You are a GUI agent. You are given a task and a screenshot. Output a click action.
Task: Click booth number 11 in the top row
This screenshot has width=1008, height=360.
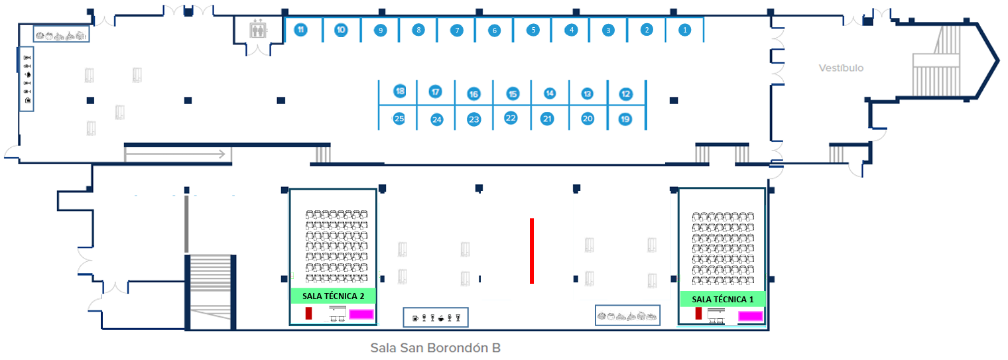click(x=300, y=30)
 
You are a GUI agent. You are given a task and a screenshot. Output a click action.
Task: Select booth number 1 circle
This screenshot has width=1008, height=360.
click(x=686, y=30)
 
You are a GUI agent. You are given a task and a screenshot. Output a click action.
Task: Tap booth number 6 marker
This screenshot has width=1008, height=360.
click(x=493, y=30)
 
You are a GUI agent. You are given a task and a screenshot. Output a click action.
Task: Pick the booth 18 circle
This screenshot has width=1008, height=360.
click(x=399, y=91)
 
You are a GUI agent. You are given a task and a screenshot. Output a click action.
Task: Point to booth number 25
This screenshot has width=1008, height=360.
click(x=399, y=119)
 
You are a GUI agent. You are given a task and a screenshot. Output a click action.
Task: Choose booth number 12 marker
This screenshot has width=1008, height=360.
click(x=625, y=94)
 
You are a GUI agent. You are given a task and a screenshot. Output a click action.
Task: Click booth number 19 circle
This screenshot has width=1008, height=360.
click(x=625, y=119)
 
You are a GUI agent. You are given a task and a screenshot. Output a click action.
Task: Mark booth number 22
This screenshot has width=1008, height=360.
click(x=511, y=118)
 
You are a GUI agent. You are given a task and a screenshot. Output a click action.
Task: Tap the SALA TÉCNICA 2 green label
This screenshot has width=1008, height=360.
click(x=333, y=296)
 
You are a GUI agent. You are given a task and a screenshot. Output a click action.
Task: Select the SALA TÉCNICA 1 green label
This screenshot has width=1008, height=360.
click(x=722, y=299)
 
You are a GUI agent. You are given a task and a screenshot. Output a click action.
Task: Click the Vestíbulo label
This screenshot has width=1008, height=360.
click(x=841, y=68)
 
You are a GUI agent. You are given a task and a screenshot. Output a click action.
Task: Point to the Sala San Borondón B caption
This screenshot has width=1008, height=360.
click(x=435, y=347)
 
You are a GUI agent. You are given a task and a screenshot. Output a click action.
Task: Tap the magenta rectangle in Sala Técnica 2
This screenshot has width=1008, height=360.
click(x=361, y=314)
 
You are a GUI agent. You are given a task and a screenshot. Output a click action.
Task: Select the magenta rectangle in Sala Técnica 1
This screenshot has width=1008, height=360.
click(x=750, y=316)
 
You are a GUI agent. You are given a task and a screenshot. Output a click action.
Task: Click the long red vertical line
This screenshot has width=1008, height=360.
click(x=532, y=251)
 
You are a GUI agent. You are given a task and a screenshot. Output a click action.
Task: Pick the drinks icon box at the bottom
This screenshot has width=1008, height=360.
click(x=436, y=318)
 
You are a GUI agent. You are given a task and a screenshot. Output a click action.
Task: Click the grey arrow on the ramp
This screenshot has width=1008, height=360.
click(x=178, y=155)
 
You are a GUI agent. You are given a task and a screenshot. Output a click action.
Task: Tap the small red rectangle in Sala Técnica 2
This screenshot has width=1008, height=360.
click(x=308, y=313)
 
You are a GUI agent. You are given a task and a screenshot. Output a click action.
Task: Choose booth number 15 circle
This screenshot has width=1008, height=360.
click(x=512, y=94)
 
